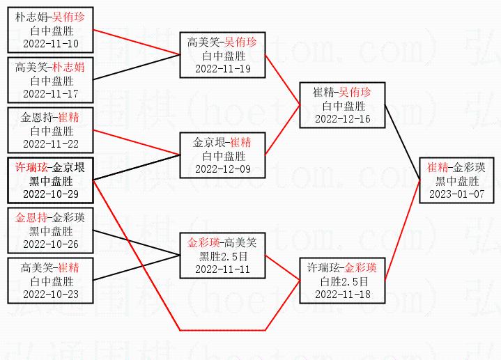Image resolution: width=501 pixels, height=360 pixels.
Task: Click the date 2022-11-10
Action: pos(50,43)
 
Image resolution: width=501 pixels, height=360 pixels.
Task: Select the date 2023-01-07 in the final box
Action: pos(456,194)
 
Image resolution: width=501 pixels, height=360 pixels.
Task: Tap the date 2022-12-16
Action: pos(343,118)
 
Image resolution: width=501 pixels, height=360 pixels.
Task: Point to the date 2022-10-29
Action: pos(50,194)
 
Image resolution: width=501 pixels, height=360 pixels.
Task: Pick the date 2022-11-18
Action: pos(343,294)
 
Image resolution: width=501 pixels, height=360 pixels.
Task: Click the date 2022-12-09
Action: pos(222,169)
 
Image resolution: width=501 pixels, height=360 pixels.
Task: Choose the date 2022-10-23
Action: pos(50,294)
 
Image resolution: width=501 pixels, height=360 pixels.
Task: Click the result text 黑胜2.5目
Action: pos(222,256)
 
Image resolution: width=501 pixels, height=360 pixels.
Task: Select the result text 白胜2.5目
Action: pos(343,281)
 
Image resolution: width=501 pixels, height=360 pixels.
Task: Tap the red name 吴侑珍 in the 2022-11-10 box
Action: pos(68,17)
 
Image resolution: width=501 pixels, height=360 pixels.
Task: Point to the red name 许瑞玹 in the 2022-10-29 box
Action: pos(32,168)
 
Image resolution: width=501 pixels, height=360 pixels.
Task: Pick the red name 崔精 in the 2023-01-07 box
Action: pos(438,167)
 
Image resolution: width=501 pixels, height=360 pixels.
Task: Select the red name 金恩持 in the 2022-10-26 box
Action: pos(32,218)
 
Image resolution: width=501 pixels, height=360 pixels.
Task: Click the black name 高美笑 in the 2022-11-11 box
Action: pos(240,243)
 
